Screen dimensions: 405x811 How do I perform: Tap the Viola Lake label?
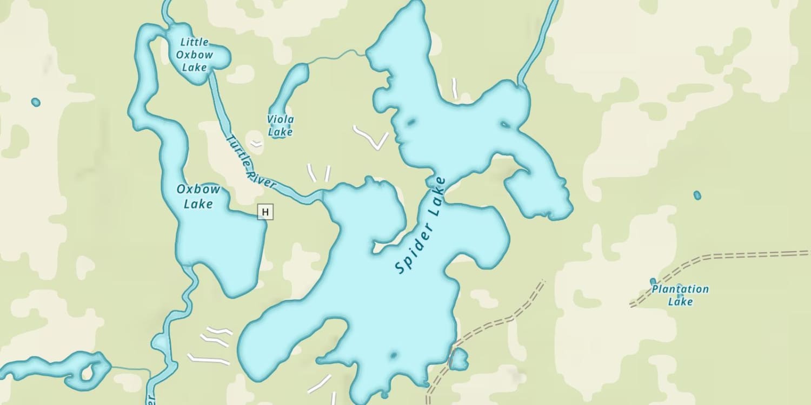click(x=280, y=125)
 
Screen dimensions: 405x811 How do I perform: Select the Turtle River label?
click(x=251, y=161)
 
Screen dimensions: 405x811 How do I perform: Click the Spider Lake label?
click(x=421, y=225)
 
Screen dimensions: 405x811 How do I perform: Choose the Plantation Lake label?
click(x=680, y=295)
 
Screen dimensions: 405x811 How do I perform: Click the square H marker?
click(x=265, y=212)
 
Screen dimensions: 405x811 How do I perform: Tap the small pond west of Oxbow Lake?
click(x=36, y=102)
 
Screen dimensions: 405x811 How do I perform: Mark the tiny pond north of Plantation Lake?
click(x=697, y=195)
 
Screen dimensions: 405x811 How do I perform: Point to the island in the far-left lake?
click(x=87, y=373)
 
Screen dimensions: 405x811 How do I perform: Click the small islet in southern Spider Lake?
click(x=393, y=355)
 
